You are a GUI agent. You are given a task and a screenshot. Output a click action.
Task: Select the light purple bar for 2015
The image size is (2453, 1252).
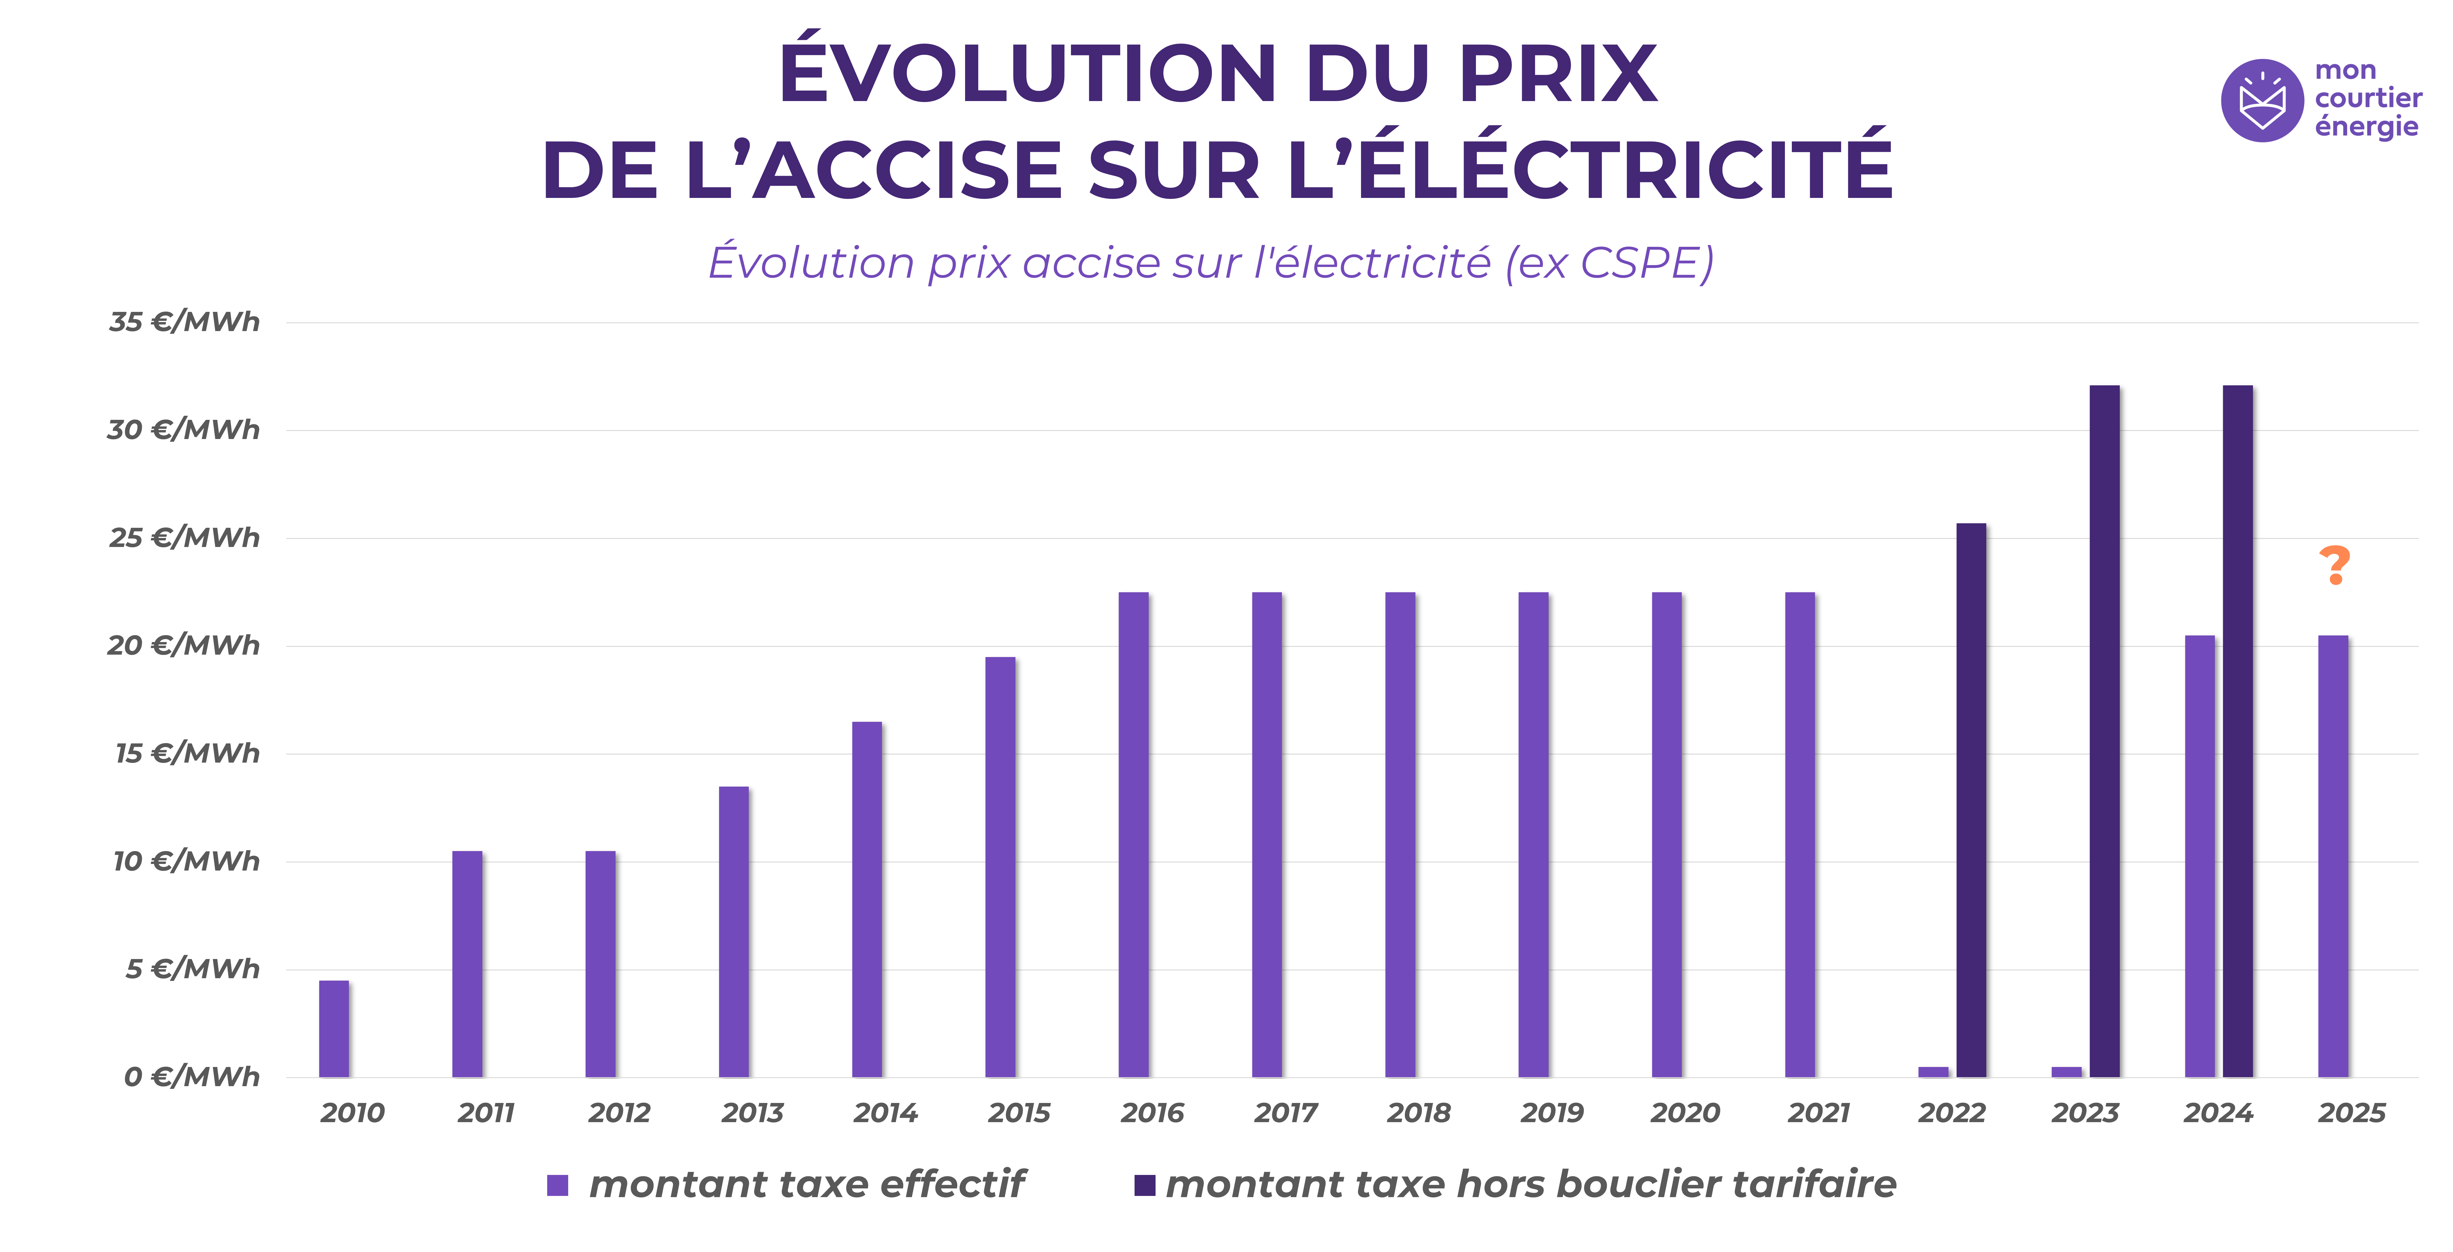[1000, 866]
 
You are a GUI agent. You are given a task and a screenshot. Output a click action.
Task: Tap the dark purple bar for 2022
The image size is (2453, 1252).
[1971, 800]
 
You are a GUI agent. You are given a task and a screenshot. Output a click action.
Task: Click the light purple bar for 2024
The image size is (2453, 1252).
[2200, 857]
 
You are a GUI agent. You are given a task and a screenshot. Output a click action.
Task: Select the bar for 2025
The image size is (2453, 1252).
[2333, 857]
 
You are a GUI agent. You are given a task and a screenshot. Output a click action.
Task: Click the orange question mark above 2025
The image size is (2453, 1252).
[2334, 566]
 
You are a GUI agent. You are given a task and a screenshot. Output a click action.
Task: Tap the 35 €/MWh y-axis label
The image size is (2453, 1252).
[184, 322]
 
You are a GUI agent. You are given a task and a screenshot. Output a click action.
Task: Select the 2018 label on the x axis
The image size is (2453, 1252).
[1419, 1113]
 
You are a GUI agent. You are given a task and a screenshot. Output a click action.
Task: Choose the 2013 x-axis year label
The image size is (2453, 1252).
[752, 1113]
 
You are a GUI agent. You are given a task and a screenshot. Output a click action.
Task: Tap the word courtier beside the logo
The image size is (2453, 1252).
[2368, 98]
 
